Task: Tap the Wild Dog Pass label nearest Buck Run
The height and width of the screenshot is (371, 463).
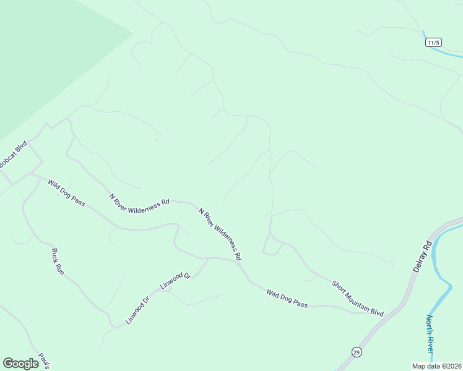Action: point(66,193)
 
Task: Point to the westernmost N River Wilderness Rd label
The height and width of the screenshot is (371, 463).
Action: point(139,202)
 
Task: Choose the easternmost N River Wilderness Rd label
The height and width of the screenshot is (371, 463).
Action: point(220,233)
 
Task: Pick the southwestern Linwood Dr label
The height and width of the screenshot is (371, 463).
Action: point(138,311)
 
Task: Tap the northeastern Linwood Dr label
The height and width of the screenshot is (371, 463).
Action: point(176,280)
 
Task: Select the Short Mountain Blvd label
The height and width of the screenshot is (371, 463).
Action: point(358,298)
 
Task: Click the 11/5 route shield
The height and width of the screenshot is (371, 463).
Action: point(433,43)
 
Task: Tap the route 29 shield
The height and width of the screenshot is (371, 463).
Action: point(356,352)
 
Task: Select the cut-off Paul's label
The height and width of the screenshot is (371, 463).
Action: point(43,360)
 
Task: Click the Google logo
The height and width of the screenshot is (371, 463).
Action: point(20,364)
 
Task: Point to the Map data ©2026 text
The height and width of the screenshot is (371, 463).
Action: point(436,366)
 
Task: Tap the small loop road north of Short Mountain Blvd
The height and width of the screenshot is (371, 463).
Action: point(272,248)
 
